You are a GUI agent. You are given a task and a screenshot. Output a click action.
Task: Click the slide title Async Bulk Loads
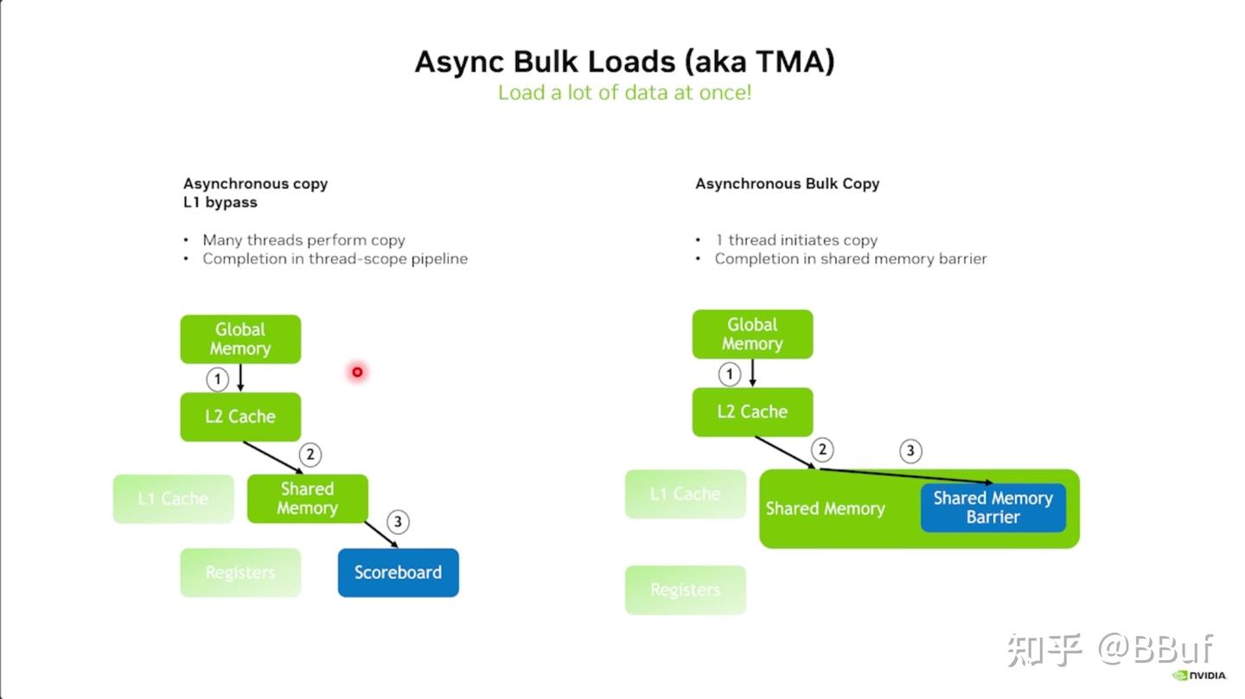(x=624, y=62)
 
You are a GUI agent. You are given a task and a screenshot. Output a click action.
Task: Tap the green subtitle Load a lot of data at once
(x=624, y=92)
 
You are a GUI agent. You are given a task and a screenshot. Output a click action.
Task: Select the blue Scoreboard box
(x=398, y=572)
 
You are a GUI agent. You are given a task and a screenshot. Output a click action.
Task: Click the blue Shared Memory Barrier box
(x=993, y=507)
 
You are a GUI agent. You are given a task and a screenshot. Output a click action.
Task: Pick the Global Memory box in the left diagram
(x=240, y=339)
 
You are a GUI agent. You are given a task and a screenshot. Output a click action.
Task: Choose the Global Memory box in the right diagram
(x=752, y=334)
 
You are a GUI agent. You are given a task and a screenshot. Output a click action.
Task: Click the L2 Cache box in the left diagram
(x=240, y=416)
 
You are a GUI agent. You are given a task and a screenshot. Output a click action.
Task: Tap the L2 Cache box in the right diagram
(x=752, y=412)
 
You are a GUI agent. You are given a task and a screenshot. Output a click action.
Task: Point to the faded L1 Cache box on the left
(x=173, y=499)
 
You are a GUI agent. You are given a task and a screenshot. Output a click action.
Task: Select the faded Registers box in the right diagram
(x=685, y=590)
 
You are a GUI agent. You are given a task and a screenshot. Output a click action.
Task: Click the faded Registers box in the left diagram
(x=240, y=572)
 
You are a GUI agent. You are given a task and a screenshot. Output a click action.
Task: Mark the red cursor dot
(x=356, y=372)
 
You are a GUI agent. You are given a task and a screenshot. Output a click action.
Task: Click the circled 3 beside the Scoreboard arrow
(x=397, y=522)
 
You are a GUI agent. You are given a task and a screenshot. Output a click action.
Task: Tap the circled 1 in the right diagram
(x=730, y=374)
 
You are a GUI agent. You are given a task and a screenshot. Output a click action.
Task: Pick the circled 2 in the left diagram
(x=310, y=454)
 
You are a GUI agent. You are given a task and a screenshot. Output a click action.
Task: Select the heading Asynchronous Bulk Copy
(x=787, y=183)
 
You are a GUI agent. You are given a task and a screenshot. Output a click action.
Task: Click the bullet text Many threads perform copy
(x=303, y=240)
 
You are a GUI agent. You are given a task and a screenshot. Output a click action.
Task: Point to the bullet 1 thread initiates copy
(x=795, y=240)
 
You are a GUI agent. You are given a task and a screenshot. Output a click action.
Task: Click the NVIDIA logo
(x=1200, y=675)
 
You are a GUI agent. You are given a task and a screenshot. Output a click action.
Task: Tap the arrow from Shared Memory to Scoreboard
(x=381, y=534)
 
